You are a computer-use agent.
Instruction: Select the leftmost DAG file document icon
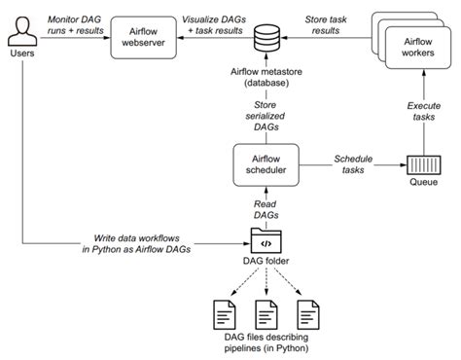222,313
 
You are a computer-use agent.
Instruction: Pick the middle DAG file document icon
265,313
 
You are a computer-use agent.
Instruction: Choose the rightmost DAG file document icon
307,313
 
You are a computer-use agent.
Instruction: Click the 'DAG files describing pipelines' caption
266,342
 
